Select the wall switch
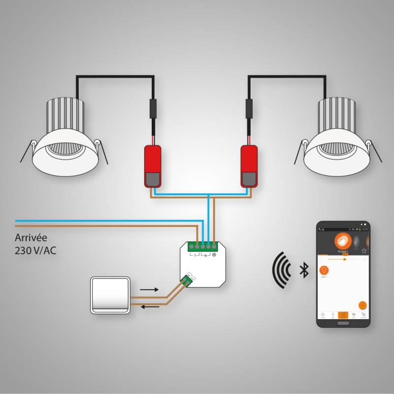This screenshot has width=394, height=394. [x=110, y=295]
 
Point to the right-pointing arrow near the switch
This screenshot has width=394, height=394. [x=149, y=290]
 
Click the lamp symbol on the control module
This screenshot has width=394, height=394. [x=214, y=255]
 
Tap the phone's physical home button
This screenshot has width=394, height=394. [x=343, y=323]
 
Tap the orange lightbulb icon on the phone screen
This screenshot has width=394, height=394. [x=325, y=270]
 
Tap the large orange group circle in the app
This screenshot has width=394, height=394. [x=342, y=241]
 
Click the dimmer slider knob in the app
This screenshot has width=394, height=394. [x=345, y=258]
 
